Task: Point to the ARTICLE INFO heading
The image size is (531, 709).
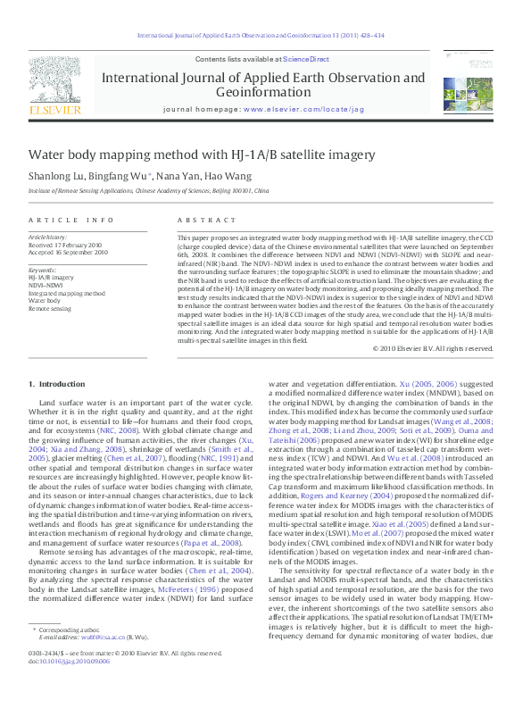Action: tap(71, 220)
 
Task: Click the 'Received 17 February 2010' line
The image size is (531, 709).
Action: tap(68, 245)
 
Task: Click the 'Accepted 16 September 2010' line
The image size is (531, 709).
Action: tap(69, 253)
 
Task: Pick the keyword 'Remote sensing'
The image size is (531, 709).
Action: tap(49, 308)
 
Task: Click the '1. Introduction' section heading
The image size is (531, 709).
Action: tap(57, 384)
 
